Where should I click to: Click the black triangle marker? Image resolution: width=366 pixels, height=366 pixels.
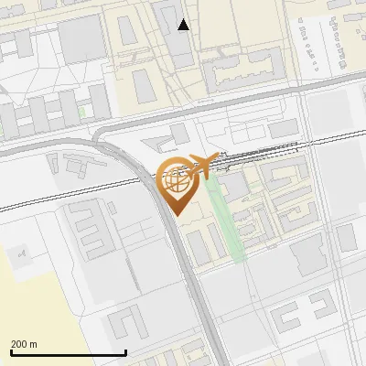click(184, 25)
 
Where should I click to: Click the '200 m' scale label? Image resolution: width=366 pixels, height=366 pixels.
click(24, 344)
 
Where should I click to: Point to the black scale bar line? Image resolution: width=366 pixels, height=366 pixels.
click(68, 352)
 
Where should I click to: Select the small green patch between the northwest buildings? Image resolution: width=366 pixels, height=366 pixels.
click(82, 112)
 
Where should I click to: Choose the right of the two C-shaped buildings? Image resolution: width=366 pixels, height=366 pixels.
click(325, 306)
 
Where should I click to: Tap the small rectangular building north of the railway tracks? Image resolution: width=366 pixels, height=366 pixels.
click(282, 127)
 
